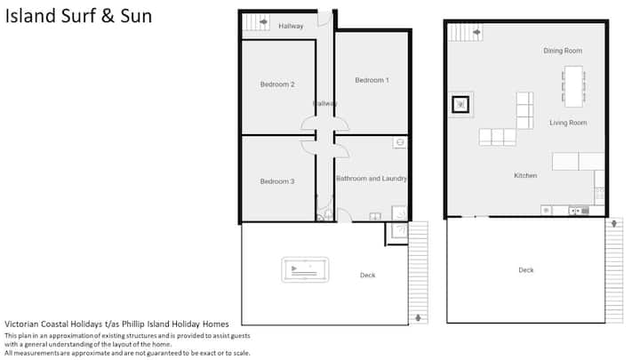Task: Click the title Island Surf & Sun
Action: point(78,16)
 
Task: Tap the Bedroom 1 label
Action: point(372,80)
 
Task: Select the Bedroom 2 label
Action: point(277,84)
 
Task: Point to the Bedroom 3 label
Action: point(277,181)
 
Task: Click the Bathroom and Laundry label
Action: point(372,179)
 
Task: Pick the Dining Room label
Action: point(563,51)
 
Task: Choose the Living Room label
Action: point(568,123)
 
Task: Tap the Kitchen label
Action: point(525,175)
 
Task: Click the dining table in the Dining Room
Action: point(573,86)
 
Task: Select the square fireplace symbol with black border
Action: point(460,105)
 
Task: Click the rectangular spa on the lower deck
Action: point(305,269)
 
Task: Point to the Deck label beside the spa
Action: point(367,275)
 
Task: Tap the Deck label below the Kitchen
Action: point(525,270)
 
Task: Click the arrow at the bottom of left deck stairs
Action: point(418,317)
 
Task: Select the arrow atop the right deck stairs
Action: point(614,224)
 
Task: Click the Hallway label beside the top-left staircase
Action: point(291,26)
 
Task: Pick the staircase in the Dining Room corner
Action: point(465,32)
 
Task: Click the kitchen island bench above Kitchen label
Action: point(578,161)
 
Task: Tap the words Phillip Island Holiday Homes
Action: point(175,324)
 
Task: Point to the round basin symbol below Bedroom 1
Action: point(400,142)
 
